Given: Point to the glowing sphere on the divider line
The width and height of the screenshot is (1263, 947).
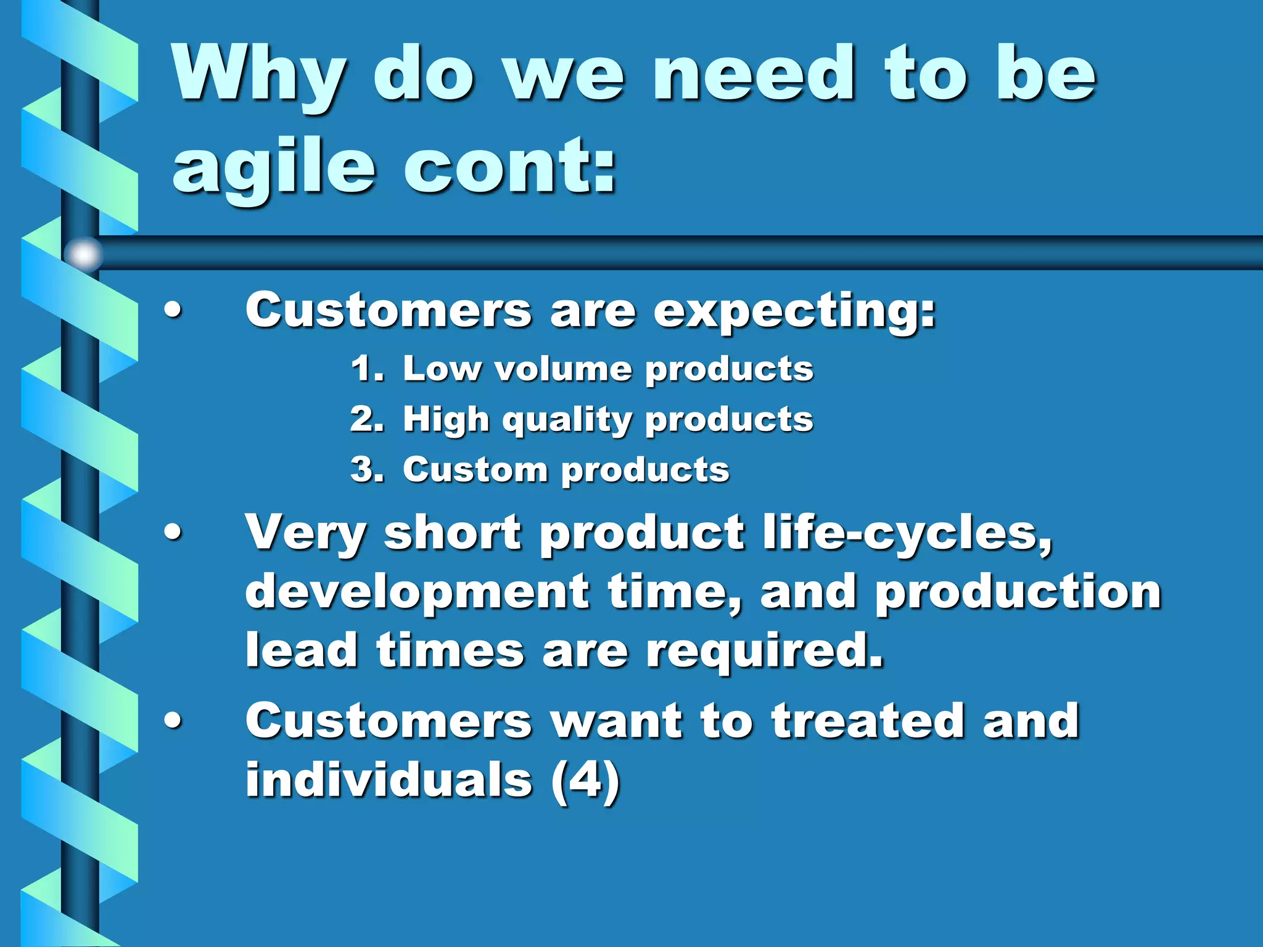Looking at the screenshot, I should click(83, 253).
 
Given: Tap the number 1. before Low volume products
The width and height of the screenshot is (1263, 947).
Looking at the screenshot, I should click(367, 369).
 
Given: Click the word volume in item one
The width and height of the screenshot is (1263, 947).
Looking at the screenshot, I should click(563, 369).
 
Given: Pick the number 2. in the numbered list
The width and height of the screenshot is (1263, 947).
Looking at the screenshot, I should click(367, 419).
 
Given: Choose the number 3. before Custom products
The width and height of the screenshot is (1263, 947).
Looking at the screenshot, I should click(367, 470).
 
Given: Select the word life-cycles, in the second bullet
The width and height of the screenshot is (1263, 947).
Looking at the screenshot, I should click(907, 533).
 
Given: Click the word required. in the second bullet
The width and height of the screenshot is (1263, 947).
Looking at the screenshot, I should click(765, 651).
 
